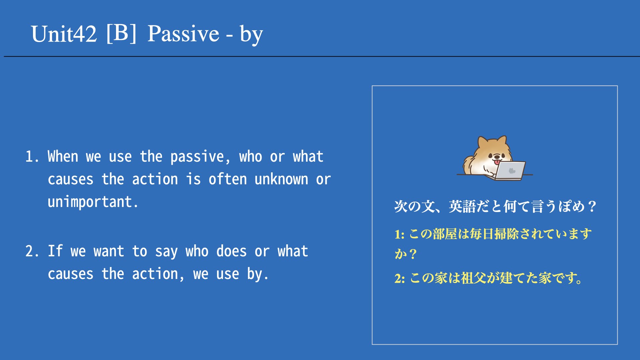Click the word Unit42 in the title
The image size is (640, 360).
[x=64, y=34]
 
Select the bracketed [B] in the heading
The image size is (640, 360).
[x=121, y=33]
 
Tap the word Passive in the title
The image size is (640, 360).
[x=183, y=34]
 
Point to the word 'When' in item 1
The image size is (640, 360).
[x=63, y=156]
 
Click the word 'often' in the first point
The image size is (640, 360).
[x=227, y=179]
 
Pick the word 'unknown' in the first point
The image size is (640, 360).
[x=281, y=179]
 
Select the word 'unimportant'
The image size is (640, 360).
[x=90, y=202]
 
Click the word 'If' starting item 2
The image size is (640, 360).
[x=55, y=251]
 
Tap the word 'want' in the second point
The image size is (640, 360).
[x=109, y=251]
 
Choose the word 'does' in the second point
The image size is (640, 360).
[x=231, y=251]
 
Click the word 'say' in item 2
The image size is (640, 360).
[x=166, y=252]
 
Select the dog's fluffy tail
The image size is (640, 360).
[x=469, y=165]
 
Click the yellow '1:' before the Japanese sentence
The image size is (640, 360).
[x=400, y=234]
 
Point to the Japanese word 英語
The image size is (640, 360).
[x=462, y=206]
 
